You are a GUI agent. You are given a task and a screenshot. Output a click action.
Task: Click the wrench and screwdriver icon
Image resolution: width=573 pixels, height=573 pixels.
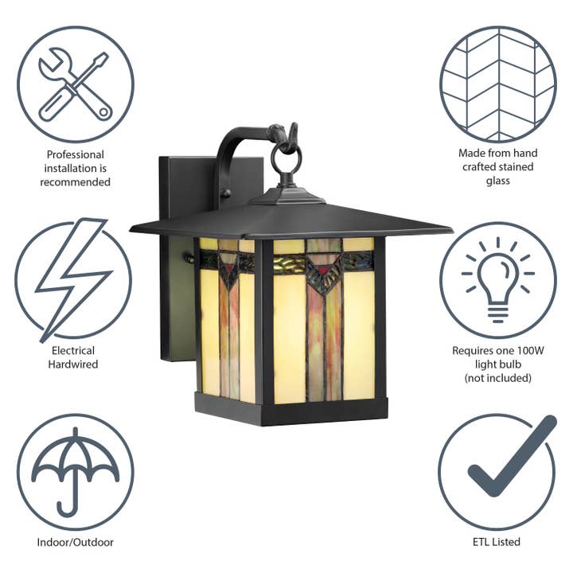click(x=76, y=84)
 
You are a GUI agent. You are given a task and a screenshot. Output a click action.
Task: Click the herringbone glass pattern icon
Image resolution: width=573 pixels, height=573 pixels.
click(x=497, y=84)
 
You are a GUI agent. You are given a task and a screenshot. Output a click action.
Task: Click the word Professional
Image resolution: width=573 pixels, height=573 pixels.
click(x=76, y=154)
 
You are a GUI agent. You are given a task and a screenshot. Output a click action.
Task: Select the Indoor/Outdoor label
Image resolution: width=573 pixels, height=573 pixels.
click(x=76, y=542)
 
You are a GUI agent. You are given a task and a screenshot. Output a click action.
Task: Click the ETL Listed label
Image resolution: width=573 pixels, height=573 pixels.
click(x=497, y=542)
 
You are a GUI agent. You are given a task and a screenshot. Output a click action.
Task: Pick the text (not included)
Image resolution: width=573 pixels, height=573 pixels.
click(x=497, y=378)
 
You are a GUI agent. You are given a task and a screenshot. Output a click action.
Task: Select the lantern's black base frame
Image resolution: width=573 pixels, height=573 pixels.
click(x=290, y=410)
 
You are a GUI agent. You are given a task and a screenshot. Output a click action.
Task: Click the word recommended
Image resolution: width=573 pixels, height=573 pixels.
click(x=76, y=182)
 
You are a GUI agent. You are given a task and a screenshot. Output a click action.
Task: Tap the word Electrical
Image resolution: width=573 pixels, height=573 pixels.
click(x=72, y=350)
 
